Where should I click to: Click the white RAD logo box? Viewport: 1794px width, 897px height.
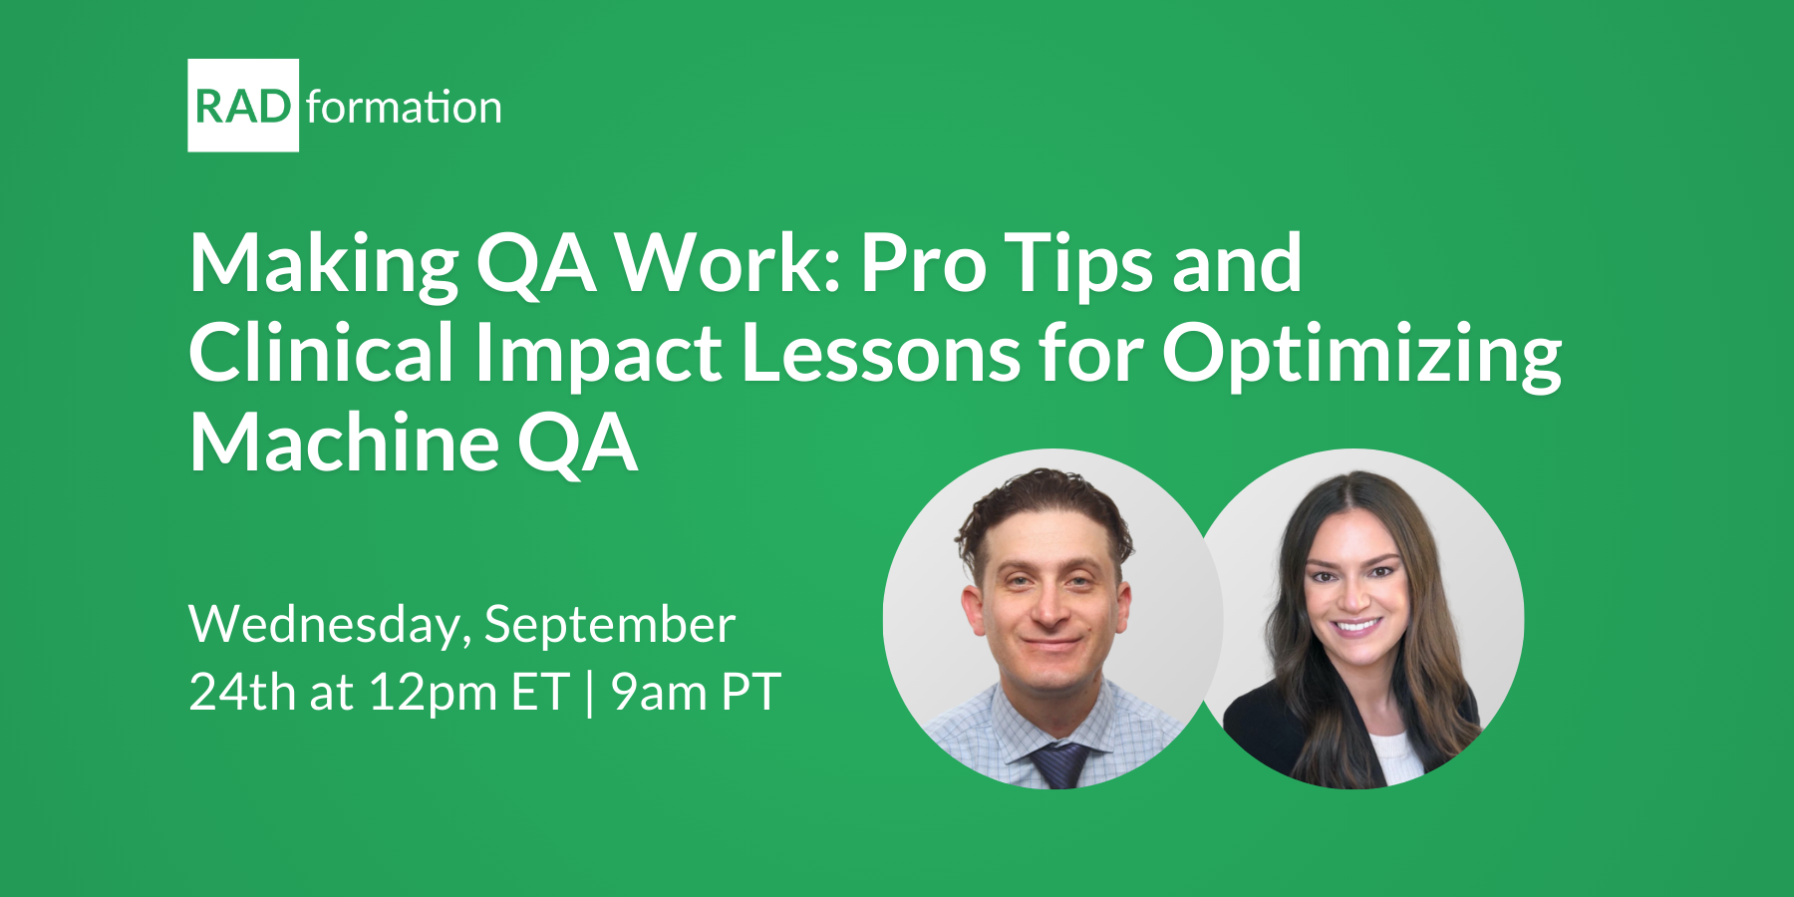[243, 106]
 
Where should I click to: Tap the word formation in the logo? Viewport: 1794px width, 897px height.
[404, 107]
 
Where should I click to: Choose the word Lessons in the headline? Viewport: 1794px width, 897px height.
[881, 353]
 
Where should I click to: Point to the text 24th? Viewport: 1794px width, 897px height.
[242, 692]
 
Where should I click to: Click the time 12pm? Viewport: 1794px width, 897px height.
[433, 694]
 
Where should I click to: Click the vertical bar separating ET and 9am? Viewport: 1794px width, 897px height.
[590, 694]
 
